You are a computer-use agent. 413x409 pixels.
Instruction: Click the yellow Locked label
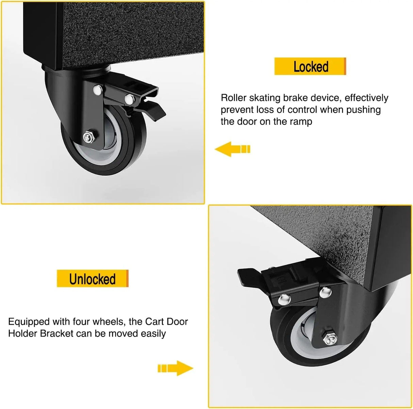(x=310, y=66)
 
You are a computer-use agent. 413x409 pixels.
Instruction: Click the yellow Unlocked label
(x=93, y=279)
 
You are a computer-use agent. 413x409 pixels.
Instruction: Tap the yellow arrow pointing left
(x=232, y=149)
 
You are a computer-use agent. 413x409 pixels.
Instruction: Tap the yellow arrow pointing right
(x=176, y=368)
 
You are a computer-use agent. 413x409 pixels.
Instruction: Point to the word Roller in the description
(x=235, y=98)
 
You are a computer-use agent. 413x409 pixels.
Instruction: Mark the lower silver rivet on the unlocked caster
(x=283, y=299)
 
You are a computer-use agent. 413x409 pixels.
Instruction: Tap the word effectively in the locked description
(x=366, y=98)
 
